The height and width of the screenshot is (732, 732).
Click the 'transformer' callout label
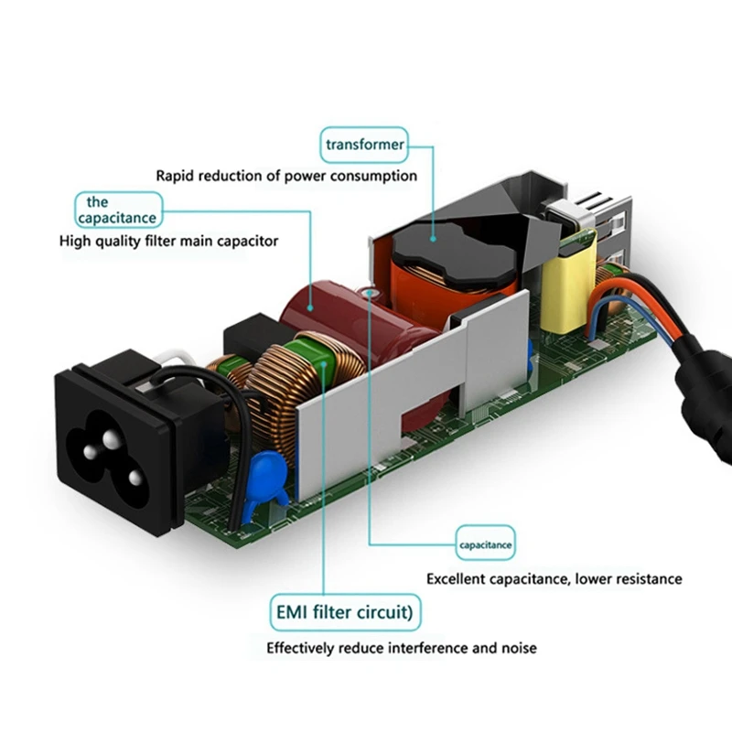tap(364, 144)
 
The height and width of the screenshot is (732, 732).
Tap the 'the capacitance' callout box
tap(116, 210)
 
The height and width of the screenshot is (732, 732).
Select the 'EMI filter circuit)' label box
tap(346, 609)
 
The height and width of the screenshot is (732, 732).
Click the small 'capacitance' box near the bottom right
tap(486, 546)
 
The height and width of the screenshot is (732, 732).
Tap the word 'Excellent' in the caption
tap(457, 578)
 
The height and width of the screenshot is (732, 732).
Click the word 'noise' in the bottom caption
tap(518, 648)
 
